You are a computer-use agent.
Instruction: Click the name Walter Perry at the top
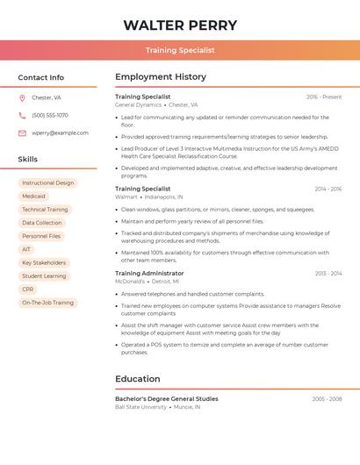[x=180, y=25]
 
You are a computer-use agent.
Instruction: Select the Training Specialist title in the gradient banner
[x=180, y=50]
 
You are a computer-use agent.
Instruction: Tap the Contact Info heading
[x=41, y=77]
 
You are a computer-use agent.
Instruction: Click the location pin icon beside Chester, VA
[x=22, y=97]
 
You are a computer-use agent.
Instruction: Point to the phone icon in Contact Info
[x=22, y=115]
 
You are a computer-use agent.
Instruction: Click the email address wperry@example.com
[x=60, y=132]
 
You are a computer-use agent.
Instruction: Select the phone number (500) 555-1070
[x=50, y=115]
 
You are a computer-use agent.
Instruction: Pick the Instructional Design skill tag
[x=48, y=183]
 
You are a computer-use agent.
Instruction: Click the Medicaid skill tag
[x=34, y=197]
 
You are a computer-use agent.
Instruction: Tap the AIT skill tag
[x=26, y=249]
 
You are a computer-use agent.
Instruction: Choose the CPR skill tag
[x=28, y=289]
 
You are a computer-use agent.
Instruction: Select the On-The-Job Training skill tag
[x=48, y=302]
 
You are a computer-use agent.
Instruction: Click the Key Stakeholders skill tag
[x=44, y=262]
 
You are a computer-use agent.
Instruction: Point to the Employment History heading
[x=161, y=77]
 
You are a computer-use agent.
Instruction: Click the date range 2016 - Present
[x=324, y=97]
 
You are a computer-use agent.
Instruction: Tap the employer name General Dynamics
[x=138, y=104]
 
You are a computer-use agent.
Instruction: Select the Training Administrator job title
[x=149, y=273]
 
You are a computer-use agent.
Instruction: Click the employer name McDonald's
[x=130, y=282]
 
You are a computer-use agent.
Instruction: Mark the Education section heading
[x=138, y=379]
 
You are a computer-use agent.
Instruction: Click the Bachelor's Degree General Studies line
[x=167, y=398]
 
